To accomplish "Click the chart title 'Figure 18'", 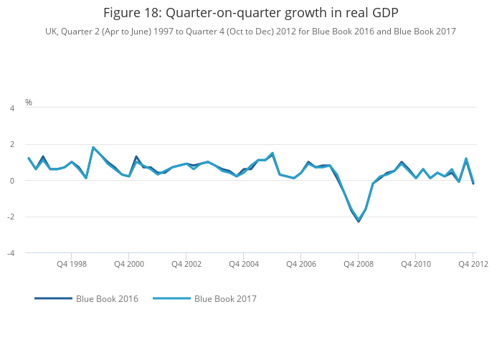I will tap(250, 13).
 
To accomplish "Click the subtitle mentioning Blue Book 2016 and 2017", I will tap(250, 32).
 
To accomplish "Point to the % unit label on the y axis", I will tap(29, 103).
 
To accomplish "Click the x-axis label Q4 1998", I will tap(72, 264).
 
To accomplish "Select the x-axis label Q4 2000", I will tap(129, 264).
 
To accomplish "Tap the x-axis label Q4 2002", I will tap(186, 264).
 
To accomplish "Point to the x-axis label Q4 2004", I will tap(244, 264).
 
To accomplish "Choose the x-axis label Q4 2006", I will tap(301, 264).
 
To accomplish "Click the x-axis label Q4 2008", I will tap(359, 264).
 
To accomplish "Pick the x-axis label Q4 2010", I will tap(416, 264).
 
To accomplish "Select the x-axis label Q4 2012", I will tap(473, 264).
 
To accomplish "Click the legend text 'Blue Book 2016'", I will tap(107, 298).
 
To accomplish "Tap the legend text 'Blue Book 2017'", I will tap(225, 298).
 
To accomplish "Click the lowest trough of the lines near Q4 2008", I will tap(359, 221).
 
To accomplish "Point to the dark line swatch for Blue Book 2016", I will tap(53, 298).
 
